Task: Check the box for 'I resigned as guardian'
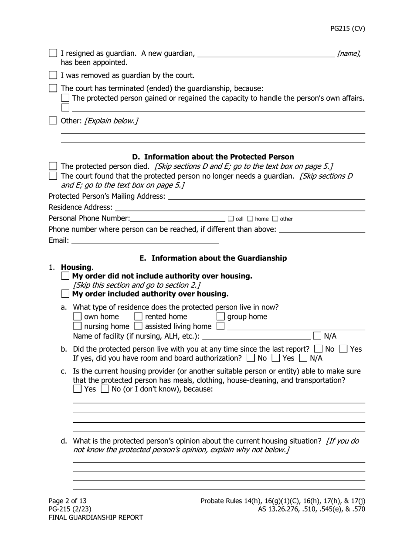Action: tap(53, 53)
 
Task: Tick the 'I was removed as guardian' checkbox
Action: tap(53, 75)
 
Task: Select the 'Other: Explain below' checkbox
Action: tap(53, 121)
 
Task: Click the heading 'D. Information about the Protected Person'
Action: tap(213, 157)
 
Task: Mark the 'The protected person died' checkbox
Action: tap(53, 166)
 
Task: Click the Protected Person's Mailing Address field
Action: tap(266, 197)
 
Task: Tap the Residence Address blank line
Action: tap(240, 207)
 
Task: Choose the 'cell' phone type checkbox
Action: tap(231, 219)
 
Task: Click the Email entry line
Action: tap(145, 241)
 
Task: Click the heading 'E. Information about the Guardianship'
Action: tap(213, 258)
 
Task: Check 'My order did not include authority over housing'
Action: tap(65, 276)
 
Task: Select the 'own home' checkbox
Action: tap(77, 316)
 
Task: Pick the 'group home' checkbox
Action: tap(221, 316)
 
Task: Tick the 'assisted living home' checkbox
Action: tap(138, 326)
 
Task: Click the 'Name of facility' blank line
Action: tap(257, 336)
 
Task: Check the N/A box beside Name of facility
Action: tap(317, 336)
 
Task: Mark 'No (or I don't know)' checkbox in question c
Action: tap(105, 389)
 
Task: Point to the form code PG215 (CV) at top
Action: tap(347, 29)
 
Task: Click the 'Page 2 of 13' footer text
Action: tap(68, 501)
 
